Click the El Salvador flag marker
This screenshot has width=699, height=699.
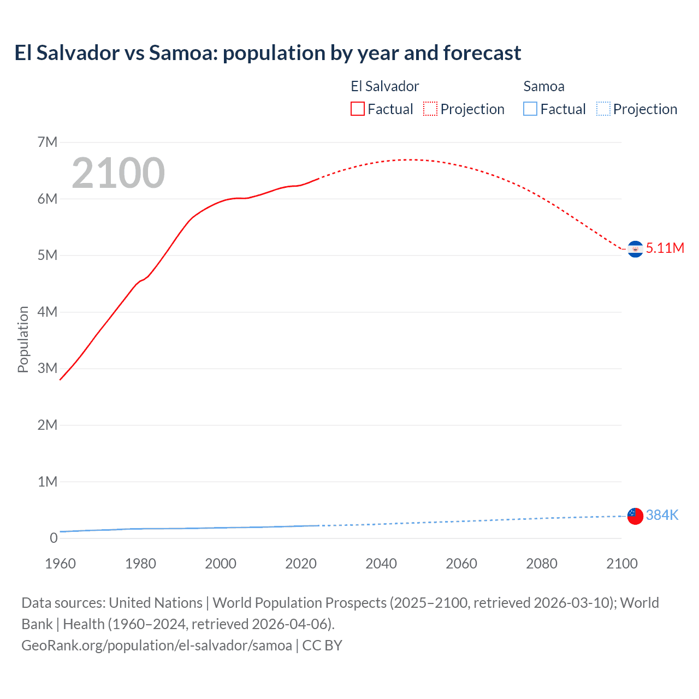tap(635, 249)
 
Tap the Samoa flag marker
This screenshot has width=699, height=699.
tap(635, 516)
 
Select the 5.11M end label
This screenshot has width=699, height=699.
tap(665, 248)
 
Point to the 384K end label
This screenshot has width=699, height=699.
tap(662, 515)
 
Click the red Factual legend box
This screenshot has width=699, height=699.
tap(357, 109)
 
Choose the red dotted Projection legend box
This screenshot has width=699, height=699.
tap(430, 109)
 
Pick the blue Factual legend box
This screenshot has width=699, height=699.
tap(530, 109)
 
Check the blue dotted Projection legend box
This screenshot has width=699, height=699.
tap(603, 109)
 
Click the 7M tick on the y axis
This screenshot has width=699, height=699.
tap(48, 143)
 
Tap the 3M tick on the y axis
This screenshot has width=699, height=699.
tap(48, 369)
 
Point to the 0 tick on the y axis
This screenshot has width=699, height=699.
tap(54, 538)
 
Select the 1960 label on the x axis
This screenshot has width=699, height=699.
tap(60, 564)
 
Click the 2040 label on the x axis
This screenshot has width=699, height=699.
tap(381, 564)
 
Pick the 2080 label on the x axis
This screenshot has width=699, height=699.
tap(541, 564)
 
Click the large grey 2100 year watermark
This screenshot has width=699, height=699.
tap(118, 173)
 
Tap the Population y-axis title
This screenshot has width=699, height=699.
tap(23, 339)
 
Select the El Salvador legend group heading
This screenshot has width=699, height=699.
tap(384, 86)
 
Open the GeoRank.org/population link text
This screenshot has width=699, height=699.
tap(157, 645)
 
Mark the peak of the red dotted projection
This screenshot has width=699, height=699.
tap(407, 159)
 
